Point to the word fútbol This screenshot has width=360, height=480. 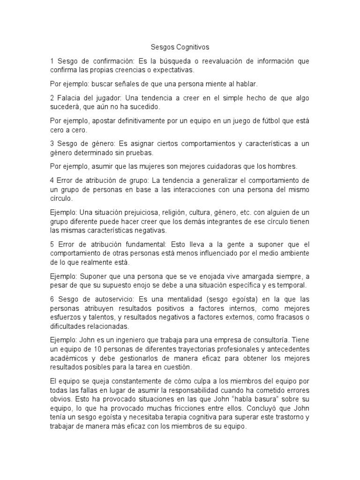click(261, 121)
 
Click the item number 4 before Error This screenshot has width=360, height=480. click(52, 180)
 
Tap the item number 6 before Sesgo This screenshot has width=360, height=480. click(52, 299)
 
